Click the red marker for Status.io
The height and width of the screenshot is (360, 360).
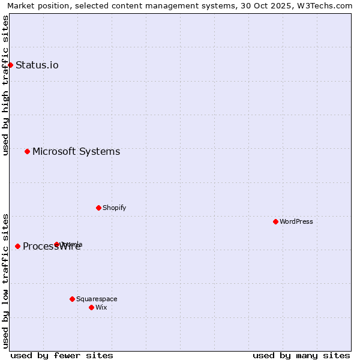coord(10,65)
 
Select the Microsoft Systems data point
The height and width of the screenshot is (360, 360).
coord(27,151)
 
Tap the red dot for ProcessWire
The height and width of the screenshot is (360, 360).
coord(17,246)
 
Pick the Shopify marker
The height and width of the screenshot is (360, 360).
coord(98,208)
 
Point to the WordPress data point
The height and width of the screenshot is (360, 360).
coord(275,221)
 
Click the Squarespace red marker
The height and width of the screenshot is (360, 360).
coord(72,299)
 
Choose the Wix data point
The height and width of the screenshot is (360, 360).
coord(91,307)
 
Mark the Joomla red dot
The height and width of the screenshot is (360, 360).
coord(56,244)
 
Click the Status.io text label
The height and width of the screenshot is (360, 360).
coord(37,65)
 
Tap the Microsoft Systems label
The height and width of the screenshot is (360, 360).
coord(76,151)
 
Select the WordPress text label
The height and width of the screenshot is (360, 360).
coord(296,221)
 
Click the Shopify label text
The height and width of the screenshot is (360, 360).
coord(114,208)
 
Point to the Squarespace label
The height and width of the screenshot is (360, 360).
coord(97,299)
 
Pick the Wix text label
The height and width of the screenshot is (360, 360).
coord(101,307)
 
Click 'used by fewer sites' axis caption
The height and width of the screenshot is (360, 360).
coord(62,355)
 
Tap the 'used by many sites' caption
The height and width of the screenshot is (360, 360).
coord(301,355)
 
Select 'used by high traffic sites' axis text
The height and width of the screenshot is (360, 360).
coord(5,85)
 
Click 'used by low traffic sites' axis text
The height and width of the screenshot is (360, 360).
coord(5,281)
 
